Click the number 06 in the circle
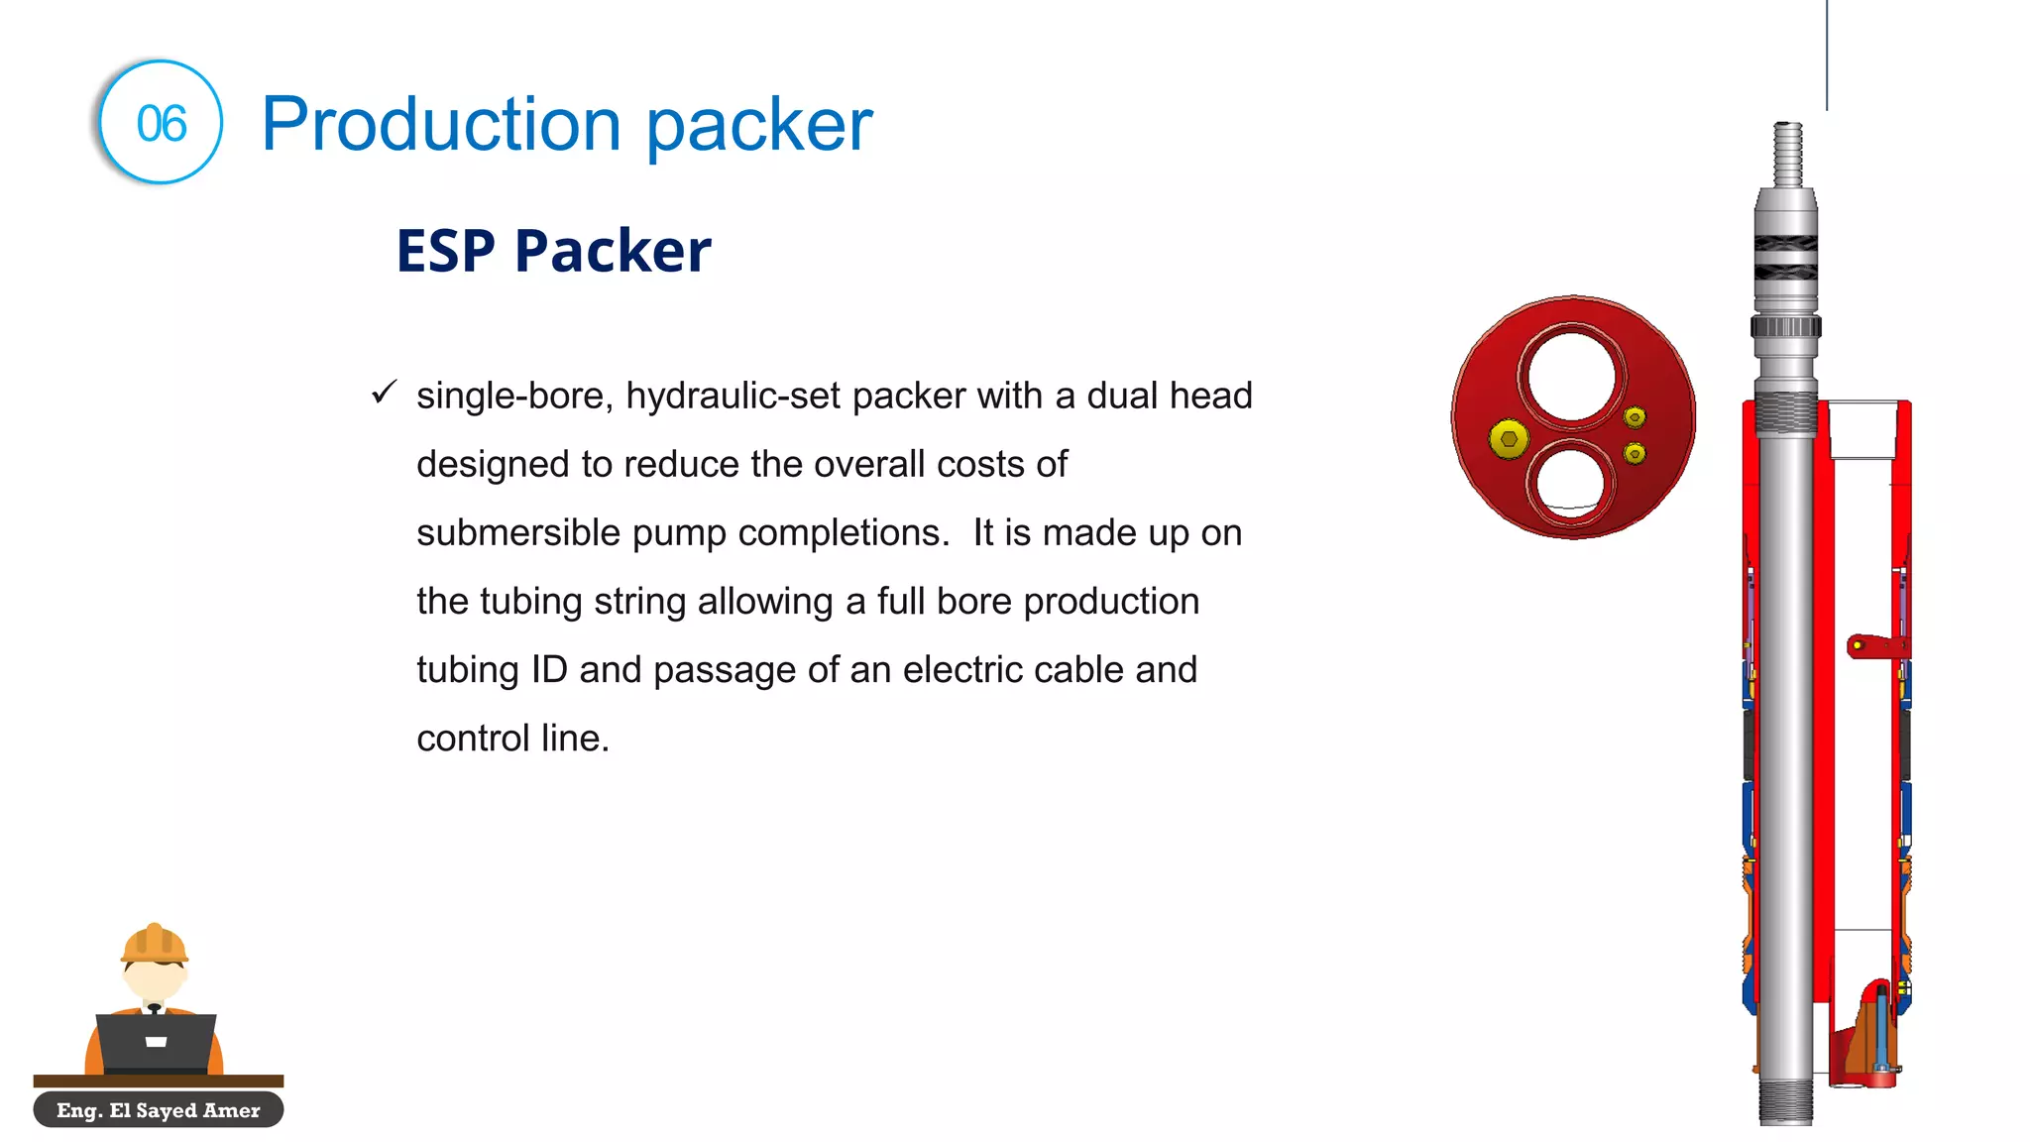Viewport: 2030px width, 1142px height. click(x=162, y=124)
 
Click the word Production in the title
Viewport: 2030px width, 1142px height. click(x=440, y=125)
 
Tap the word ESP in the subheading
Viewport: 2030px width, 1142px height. click(x=445, y=251)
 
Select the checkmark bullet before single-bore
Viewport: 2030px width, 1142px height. click(x=384, y=393)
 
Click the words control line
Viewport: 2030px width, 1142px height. click(x=512, y=739)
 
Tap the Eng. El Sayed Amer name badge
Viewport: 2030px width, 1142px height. click(x=159, y=1110)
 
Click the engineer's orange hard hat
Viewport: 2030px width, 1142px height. click(x=154, y=943)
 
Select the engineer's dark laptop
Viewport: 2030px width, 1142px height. click(x=156, y=1041)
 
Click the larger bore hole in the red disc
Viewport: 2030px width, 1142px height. click(x=1571, y=378)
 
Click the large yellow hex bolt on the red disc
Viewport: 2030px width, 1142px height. click(x=1509, y=438)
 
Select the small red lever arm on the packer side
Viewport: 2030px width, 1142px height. click(x=1873, y=645)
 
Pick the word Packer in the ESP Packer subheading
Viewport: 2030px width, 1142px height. click(x=613, y=251)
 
